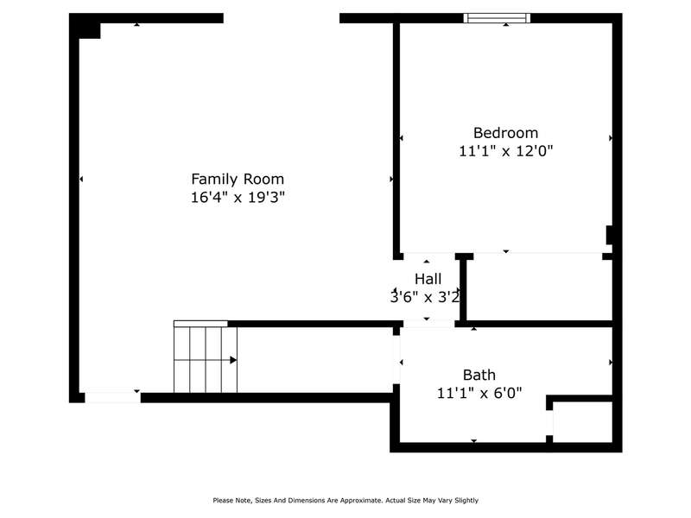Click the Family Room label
tap(238, 180)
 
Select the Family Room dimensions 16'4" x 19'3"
tap(238, 197)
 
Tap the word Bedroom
tap(505, 133)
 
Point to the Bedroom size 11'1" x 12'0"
tap(505, 151)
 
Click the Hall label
tap(428, 279)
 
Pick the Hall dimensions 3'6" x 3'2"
tap(425, 297)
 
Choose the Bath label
tap(479, 375)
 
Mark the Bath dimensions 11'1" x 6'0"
tap(479, 393)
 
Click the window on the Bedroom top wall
tap(497, 18)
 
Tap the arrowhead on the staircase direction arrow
tap(233, 360)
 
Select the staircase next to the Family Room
tap(206, 357)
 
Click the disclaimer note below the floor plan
tap(345, 501)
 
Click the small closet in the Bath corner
tap(582, 421)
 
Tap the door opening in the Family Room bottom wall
tap(113, 397)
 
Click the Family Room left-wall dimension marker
tap(81, 180)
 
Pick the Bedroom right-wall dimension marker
tap(611, 138)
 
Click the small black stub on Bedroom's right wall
tap(610, 235)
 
